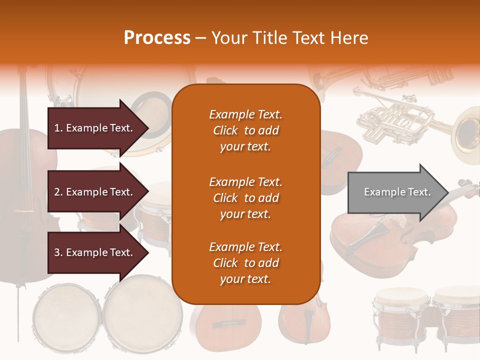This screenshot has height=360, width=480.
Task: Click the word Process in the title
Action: click(x=157, y=38)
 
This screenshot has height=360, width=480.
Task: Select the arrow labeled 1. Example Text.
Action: click(x=95, y=128)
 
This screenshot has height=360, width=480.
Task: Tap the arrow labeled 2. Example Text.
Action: click(x=95, y=192)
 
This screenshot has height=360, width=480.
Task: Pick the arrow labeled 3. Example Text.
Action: click(x=95, y=252)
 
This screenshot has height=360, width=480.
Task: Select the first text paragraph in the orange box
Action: click(x=245, y=130)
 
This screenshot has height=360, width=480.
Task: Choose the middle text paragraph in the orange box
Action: click(x=245, y=197)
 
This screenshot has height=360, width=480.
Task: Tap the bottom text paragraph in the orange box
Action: click(x=245, y=263)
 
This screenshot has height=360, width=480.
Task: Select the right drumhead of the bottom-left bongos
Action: click(x=143, y=312)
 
